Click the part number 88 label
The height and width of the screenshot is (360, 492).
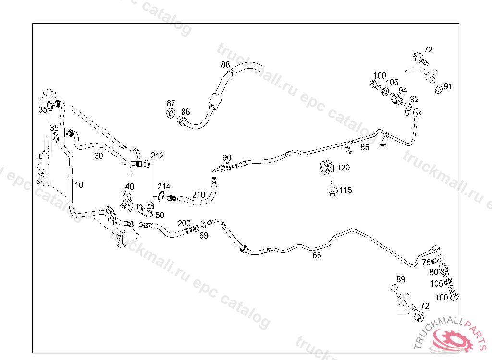225,65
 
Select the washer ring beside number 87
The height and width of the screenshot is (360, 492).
171,114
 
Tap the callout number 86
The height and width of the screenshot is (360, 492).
185,112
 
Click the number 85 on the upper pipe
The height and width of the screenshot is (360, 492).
365,147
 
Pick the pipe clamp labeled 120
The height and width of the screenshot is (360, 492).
327,167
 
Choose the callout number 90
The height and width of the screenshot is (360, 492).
227,158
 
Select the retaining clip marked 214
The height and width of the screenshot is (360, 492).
162,195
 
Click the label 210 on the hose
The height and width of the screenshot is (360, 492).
198,195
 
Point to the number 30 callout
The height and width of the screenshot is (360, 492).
98,156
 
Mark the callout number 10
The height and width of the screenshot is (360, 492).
79,184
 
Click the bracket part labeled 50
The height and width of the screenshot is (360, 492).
145,209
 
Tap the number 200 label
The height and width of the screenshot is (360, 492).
184,223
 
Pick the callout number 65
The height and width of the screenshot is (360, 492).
317,255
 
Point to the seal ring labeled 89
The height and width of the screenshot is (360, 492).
394,288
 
